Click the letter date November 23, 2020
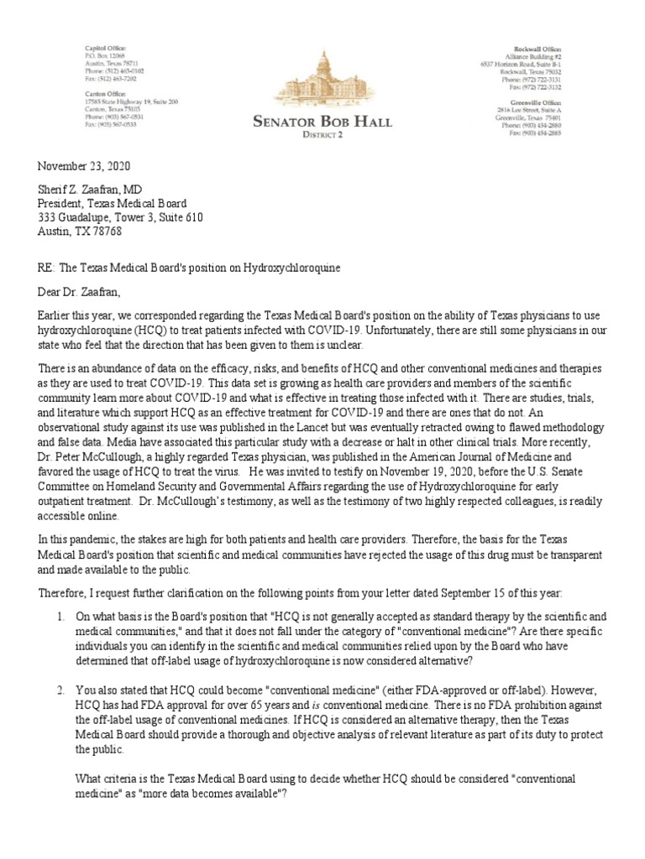tap(83, 167)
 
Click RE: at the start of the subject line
tap(46, 267)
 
